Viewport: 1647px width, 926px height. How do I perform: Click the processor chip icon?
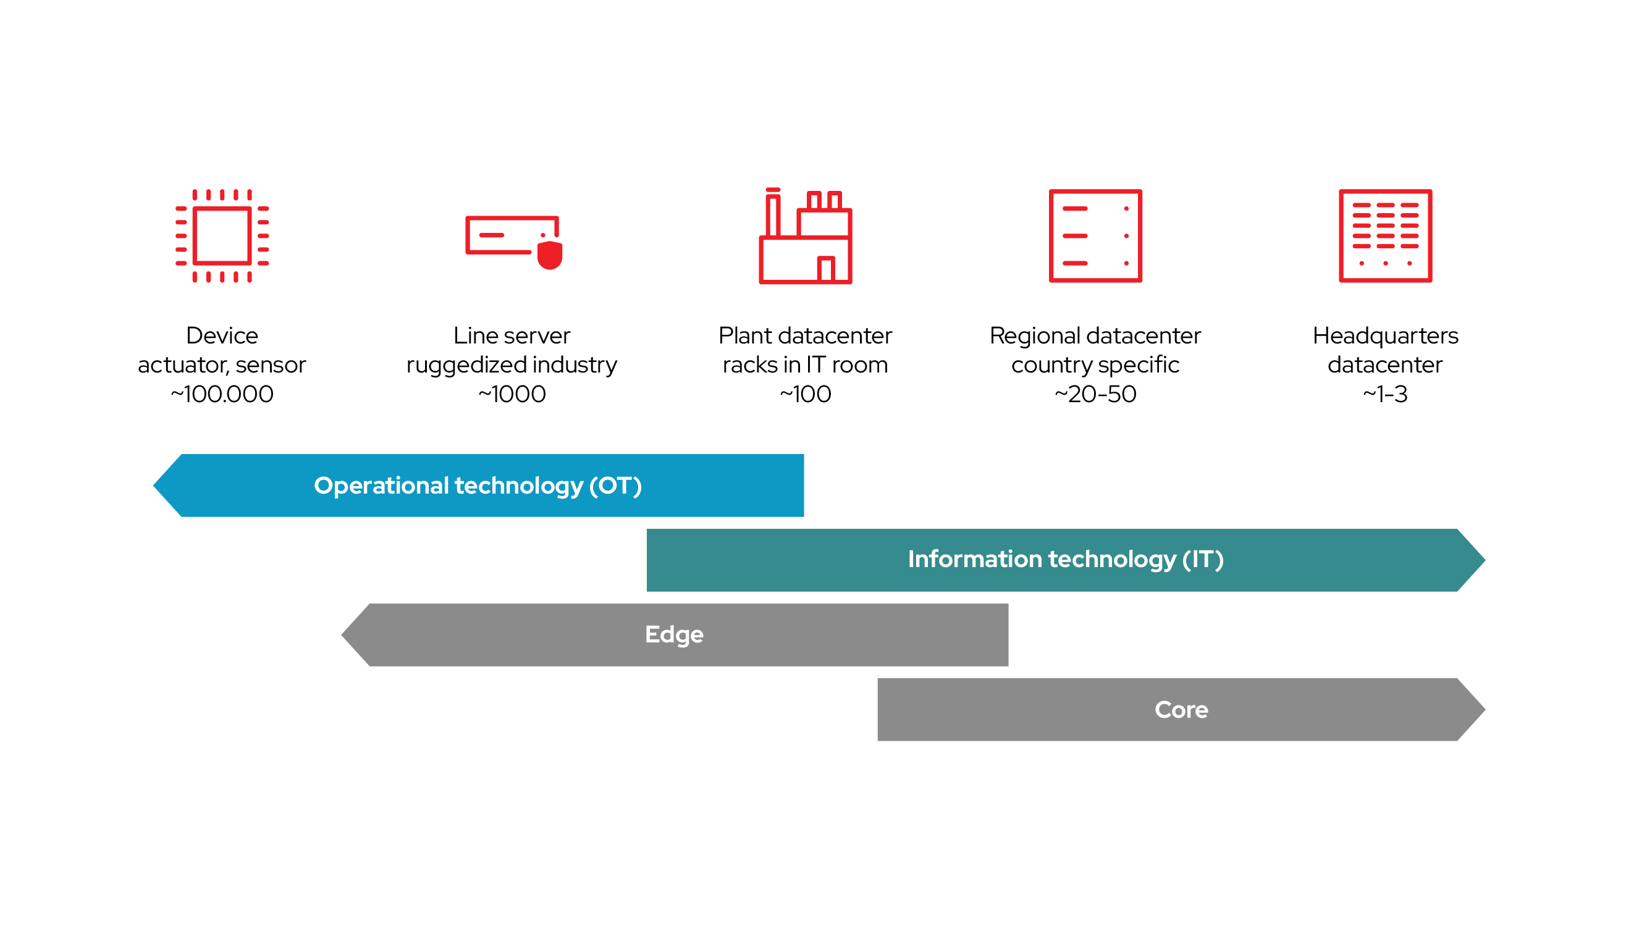tap(222, 235)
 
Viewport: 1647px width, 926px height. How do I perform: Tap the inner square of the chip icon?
tap(222, 235)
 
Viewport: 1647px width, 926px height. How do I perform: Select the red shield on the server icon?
tap(550, 255)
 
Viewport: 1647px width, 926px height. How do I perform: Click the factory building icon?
tap(805, 237)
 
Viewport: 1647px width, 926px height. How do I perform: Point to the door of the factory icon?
tap(825, 269)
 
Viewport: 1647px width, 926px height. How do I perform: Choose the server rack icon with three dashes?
tap(1095, 235)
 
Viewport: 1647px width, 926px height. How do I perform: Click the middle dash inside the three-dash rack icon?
tap(1075, 236)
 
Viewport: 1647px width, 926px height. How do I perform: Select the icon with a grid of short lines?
tap(1386, 235)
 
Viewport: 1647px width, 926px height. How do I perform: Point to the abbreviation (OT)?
tap(615, 486)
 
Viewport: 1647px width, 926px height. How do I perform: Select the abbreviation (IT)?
tap(1203, 560)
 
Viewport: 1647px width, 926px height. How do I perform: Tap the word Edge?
tap(674, 634)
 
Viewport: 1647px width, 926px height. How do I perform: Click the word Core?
tap(1181, 710)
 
